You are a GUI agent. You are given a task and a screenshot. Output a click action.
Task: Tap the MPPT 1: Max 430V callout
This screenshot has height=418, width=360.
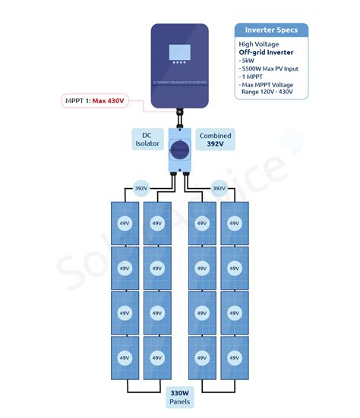tap(96, 99)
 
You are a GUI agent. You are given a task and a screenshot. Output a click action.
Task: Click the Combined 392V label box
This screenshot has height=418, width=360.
tap(215, 138)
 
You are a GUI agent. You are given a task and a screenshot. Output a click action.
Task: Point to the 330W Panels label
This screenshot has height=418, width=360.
tap(179, 398)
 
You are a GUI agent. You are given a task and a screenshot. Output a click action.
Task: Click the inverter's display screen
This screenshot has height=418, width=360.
tap(179, 55)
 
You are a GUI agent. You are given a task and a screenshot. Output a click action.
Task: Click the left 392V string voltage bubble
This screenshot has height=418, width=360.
tap(141, 188)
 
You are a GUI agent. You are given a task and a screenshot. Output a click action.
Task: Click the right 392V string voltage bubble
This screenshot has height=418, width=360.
tap(219, 188)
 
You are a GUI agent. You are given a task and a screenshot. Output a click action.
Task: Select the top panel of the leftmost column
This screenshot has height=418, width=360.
tap(124, 223)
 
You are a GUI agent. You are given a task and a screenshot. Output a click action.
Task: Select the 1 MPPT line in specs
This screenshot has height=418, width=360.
tap(253, 77)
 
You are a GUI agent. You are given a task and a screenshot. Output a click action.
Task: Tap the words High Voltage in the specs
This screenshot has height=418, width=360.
tap(257, 44)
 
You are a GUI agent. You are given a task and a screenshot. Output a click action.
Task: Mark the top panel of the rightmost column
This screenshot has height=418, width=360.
tap(234, 223)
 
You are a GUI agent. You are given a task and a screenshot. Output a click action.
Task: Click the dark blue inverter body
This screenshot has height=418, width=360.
tap(179, 87)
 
